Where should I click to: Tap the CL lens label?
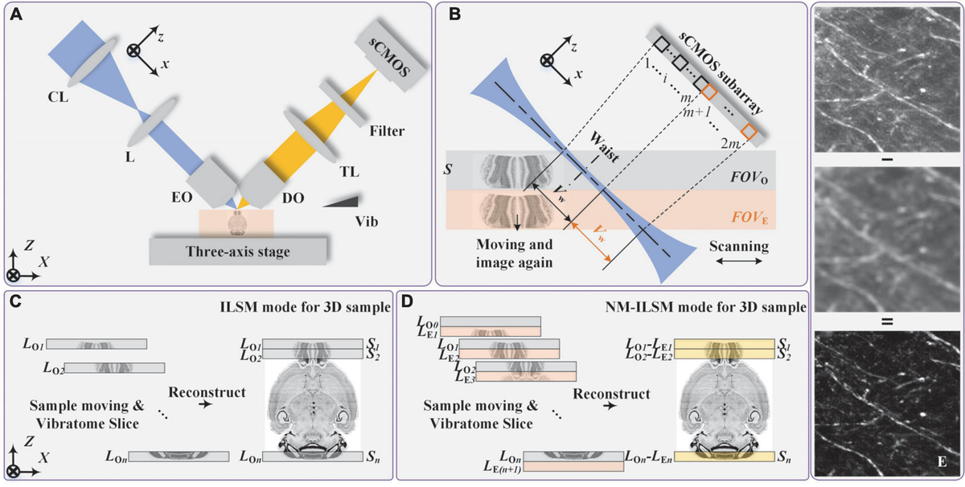click(x=59, y=96)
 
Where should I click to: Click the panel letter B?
click(x=454, y=14)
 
